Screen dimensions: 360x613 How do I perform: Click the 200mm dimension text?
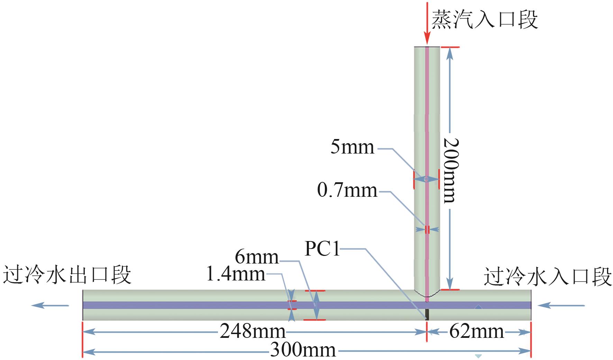451,170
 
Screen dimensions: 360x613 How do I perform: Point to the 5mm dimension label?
353,147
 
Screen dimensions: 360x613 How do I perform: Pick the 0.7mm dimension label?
347,191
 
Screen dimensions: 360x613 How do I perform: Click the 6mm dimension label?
257,257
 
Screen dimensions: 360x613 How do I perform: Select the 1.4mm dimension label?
236,274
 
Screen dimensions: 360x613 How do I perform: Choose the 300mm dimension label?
303,350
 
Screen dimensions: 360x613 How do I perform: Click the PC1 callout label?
322,249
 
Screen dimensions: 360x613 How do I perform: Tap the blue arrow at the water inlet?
561,305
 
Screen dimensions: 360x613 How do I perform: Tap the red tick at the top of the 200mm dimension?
450,47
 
